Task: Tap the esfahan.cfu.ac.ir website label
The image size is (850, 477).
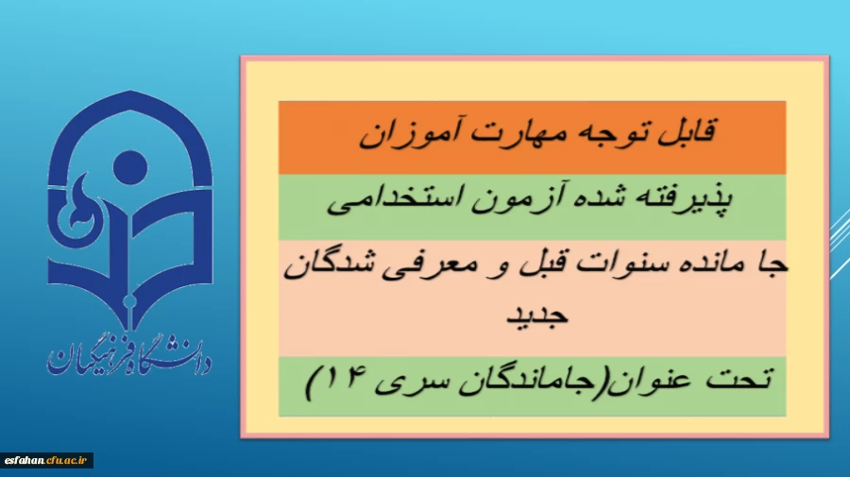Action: click(x=47, y=460)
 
